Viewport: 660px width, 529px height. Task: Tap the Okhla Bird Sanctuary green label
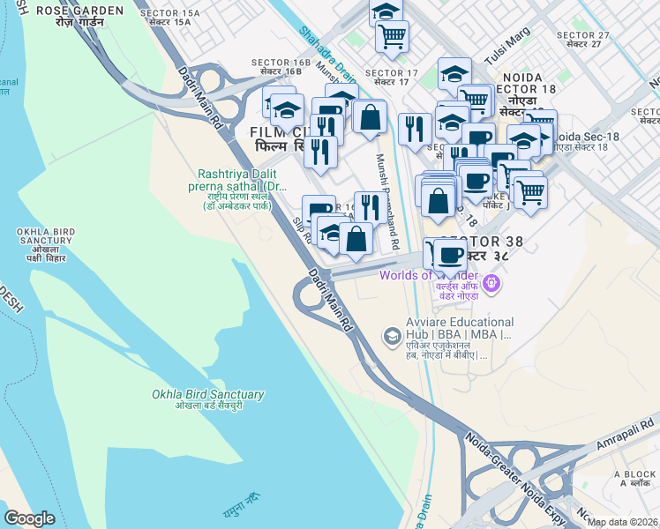(x=207, y=399)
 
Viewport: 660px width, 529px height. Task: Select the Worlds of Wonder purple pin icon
(x=492, y=285)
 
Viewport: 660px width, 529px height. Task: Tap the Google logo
(x=30, y=518)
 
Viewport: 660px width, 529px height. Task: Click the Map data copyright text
(x=622, y=522)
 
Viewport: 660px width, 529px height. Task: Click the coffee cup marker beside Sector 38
(x=449, y=255)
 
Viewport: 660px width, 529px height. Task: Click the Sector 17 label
(x=390, y=77)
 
